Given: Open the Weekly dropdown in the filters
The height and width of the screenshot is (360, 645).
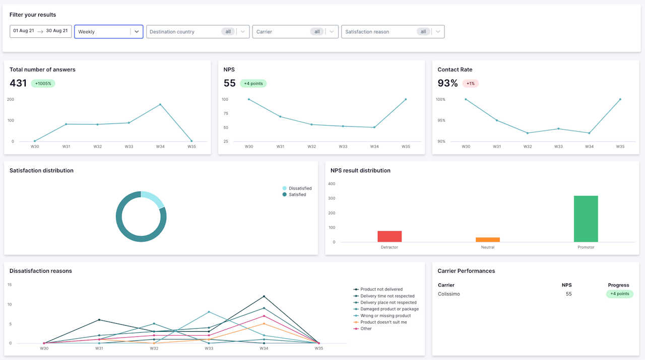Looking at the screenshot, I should (x=108, y=32).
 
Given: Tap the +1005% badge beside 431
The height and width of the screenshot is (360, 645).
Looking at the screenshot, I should (x=43, y=84).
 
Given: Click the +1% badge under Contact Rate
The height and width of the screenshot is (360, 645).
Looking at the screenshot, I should (x=470, y=84).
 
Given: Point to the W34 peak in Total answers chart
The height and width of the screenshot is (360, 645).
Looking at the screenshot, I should (x=160, y=104).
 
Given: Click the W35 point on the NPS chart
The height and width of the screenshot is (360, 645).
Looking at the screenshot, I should (x=406, y=99).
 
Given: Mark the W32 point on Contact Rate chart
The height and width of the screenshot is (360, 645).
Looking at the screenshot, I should (x=528, y=133).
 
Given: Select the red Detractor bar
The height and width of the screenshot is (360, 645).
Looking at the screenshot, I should (x=390, y=236).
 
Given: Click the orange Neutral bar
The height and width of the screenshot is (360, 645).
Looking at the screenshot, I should (x=488, y=239).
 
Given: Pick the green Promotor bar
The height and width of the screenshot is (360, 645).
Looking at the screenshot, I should (x=586, y=219).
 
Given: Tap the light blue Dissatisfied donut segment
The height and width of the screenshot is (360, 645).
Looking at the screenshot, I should (x=155, y=199).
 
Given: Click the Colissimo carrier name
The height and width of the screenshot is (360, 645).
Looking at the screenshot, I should (x=449, y=294).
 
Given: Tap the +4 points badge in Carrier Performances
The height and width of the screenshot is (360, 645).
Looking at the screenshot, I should (x=619, y=294).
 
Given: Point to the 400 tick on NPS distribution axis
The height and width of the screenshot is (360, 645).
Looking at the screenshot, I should (x=332, y=184).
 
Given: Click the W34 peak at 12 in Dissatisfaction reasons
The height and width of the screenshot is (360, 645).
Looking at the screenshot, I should (x=264, y=296).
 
